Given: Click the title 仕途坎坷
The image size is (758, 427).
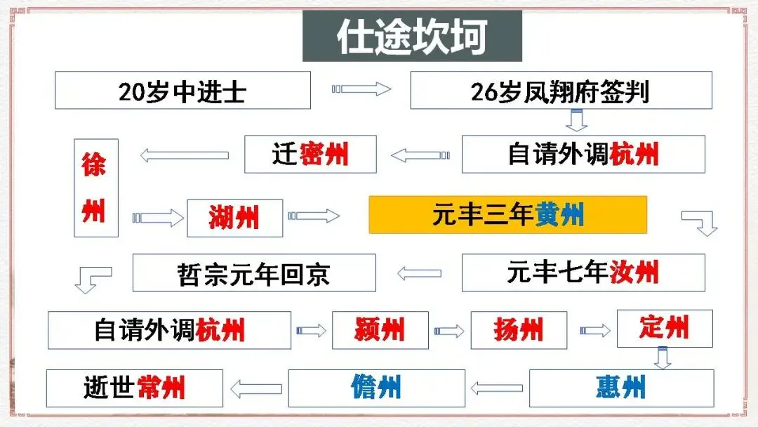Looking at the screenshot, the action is click(412, 37).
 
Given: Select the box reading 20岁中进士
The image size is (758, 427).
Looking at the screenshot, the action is click(182, 91).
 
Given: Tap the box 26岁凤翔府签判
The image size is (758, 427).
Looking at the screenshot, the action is click(561, 91).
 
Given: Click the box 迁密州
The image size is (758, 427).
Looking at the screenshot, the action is click(310, 155).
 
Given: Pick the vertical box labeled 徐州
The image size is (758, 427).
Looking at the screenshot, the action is click(96, 188).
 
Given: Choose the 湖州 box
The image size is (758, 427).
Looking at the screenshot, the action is click(235, 218).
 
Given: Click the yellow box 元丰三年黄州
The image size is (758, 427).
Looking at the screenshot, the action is click(507, 215).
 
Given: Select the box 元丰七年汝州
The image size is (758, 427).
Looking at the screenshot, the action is click(583, 272).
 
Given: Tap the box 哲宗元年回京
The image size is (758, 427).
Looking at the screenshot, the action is click(254, 272).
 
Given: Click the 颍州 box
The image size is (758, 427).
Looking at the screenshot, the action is click(380, 330).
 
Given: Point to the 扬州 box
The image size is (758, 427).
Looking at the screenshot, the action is click(519, 330).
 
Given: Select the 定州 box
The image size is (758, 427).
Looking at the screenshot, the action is click(665, 329).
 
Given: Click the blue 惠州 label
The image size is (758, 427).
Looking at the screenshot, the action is click(620, 388).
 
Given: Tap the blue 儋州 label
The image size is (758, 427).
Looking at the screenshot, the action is click(376, 388).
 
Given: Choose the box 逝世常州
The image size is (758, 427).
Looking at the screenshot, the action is click(134, 388).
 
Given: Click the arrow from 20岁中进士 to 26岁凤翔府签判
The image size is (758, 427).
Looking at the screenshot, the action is click(361, 89).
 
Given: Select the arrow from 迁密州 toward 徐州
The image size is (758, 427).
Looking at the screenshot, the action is click(184, 155).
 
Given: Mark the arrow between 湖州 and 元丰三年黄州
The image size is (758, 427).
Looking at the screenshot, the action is click(314, 216).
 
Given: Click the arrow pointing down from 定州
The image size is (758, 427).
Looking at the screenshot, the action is click(663, 358).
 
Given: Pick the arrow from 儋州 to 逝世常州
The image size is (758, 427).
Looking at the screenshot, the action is click(256, 389).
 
